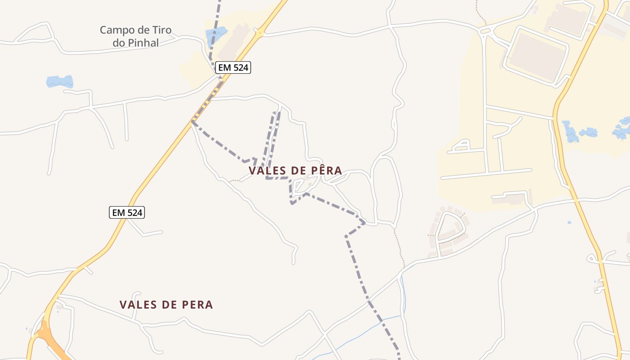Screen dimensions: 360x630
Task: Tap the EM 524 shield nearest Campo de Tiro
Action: coord(233,67)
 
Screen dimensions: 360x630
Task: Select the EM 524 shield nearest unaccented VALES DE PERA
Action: coord(127,212)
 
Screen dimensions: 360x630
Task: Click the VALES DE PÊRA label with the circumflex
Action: coord(295,171)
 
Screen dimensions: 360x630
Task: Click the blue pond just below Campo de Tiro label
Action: coord(60,81)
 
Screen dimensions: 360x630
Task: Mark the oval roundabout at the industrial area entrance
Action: coord(485,31)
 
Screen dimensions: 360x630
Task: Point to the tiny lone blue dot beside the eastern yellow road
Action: coord(569,222)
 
